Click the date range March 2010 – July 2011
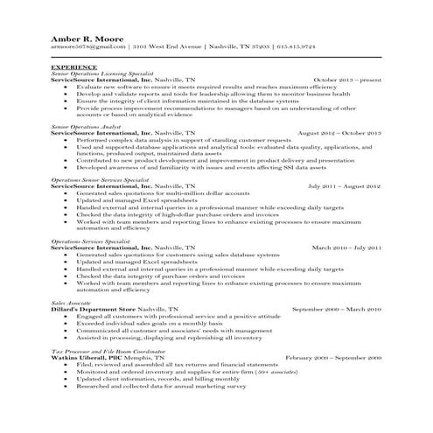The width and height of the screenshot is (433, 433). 346,248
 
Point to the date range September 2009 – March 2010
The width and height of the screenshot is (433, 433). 337,309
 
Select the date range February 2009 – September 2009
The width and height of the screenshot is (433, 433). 334,358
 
